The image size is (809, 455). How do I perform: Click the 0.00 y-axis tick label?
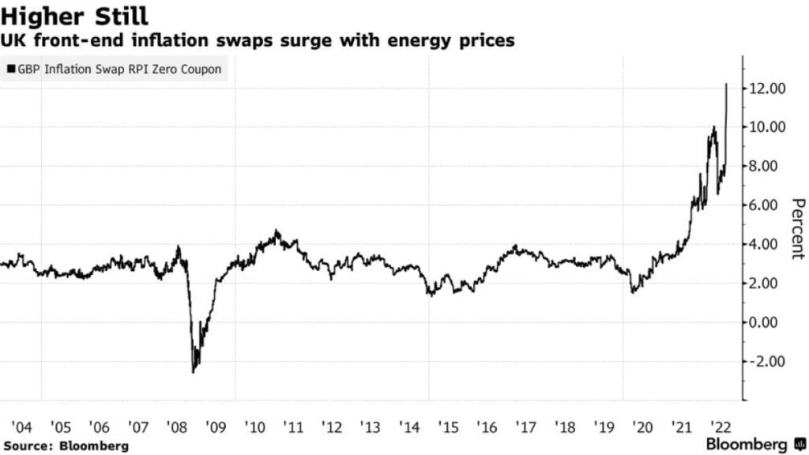point(768,322)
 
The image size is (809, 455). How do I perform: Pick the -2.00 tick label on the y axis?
point(766,362)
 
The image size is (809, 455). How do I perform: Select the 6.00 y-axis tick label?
point(768,205)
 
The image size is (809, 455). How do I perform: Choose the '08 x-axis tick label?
point(177,427)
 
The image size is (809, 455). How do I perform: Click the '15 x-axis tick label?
point(448,427)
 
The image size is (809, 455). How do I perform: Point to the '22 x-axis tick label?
point(719,427)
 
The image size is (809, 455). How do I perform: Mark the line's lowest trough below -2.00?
point(194,372)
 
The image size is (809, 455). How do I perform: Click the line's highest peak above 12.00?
point(727,84)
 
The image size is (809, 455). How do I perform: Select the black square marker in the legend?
point(10,70)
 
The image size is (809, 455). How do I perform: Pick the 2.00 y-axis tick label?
point(768,284)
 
